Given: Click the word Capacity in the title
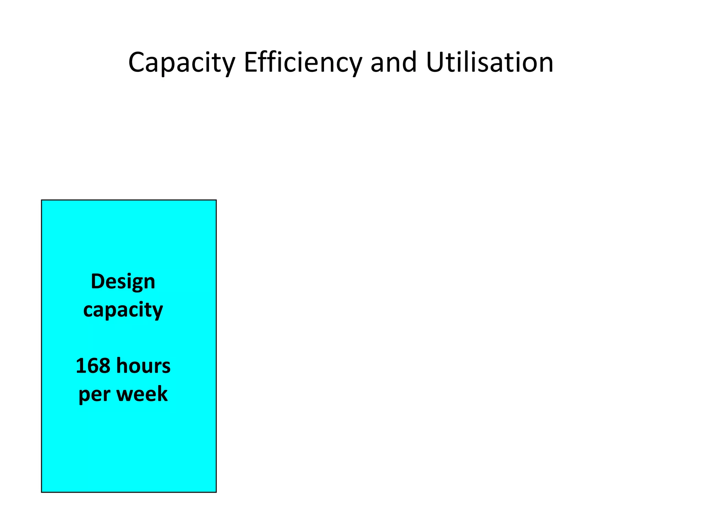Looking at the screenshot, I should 181,63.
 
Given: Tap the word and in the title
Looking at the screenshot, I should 394,63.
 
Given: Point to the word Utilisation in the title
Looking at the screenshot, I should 489,63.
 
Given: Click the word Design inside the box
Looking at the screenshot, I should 123,282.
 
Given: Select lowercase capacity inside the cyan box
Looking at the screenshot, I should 123,310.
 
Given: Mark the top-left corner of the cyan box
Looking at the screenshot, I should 42,200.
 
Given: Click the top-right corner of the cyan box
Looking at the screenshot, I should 216,200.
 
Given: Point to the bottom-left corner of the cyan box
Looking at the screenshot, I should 42,492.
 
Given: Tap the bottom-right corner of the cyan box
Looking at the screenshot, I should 216,492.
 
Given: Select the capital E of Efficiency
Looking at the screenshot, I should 250,62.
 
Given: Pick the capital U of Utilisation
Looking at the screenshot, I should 435,62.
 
